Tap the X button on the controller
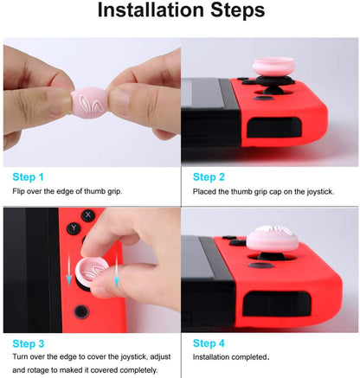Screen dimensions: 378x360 coord(87,215)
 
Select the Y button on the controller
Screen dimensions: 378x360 coord(74,229)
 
